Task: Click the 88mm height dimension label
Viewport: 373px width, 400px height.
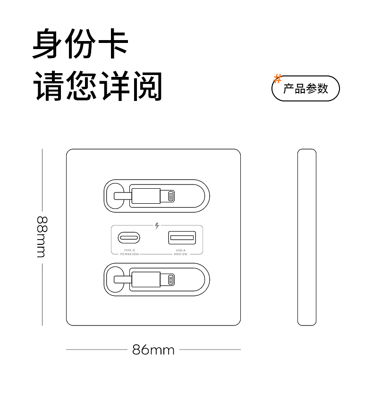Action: coord(42,236)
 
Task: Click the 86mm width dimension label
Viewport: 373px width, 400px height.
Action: coord(153,350)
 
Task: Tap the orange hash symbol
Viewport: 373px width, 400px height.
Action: coord(278,78)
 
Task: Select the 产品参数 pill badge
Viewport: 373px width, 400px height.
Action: coord(306,89)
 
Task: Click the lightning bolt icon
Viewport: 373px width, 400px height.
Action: coord(157,225)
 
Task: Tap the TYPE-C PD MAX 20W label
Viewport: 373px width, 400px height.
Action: coord(130,252)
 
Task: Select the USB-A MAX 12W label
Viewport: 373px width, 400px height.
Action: coord(181,252)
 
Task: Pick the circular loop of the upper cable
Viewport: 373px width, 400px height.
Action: coord(115,195)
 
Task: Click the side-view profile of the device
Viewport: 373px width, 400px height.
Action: coord(307,237)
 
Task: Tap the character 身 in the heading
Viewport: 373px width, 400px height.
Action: coord(48,43)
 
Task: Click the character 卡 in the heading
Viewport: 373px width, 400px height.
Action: coord(113,43)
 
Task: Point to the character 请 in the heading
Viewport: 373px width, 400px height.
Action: coord(48,86)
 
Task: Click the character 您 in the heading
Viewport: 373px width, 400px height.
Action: coord(81,86)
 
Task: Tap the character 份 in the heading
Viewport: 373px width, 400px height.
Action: coord(81,43)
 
